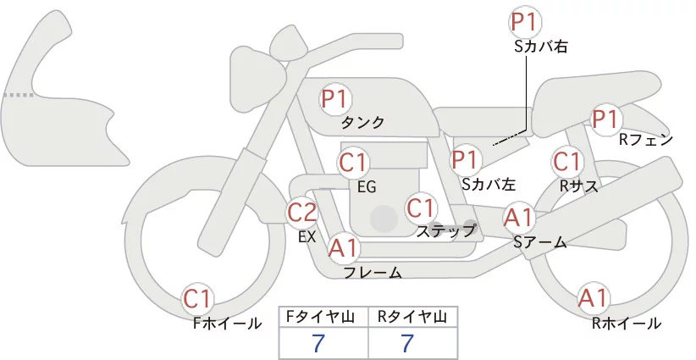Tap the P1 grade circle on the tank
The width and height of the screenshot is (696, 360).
(x=335, y=99)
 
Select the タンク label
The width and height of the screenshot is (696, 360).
(x=362, y=123)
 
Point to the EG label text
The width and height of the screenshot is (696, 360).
(x=367, y=186)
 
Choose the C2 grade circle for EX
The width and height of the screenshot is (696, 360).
(x=303, y=212)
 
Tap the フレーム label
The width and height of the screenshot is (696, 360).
(x=373, y=273)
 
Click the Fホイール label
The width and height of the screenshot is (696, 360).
(x=227, y=323)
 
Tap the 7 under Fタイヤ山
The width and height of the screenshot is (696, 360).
(x=318, y=343)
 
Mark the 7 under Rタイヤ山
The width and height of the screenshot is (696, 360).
(x=407, y=343)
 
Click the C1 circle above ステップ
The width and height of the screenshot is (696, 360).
(x=421, y=208)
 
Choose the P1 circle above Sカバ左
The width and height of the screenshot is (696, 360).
(x=465, y=158)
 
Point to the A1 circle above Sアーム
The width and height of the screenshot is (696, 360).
(x=518, y=218)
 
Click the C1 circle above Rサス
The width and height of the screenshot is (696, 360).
(x=566, y=161)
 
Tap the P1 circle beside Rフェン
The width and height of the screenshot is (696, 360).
(x=605, y=119)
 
